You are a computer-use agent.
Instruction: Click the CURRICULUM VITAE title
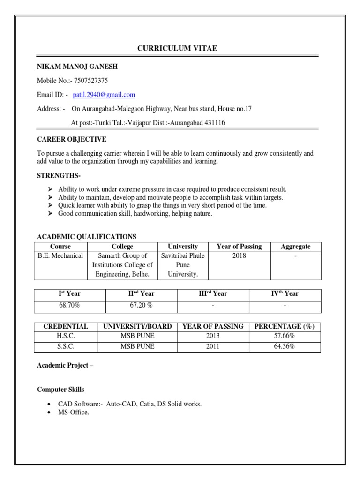(177, 48)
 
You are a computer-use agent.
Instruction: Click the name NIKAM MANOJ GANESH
(74, 67)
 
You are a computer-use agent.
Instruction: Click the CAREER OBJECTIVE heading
(72, 139)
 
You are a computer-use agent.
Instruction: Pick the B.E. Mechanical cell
(60, 256)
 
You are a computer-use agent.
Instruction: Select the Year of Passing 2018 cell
(239, 256)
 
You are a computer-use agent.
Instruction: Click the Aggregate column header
(295, 247)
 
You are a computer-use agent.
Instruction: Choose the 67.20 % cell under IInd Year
(142, 306)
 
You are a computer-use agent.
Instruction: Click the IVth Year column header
(285, 293)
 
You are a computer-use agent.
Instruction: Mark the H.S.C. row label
(66, 336)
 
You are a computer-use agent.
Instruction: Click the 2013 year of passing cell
(213, 336)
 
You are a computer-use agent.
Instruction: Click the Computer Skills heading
(61, 390)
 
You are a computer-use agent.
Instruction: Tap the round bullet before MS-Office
(50, 413)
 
